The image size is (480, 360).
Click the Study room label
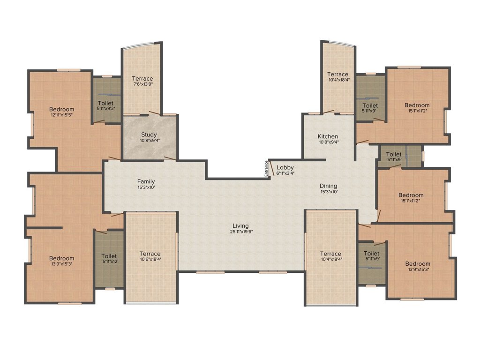[149, 135]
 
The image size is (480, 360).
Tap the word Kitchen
[328, 136]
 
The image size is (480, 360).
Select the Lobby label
[285, 167]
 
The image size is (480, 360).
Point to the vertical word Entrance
[266, 168]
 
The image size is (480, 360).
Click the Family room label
[146, 181]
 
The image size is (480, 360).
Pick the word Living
[240, 226]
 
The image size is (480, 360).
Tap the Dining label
[328, 186]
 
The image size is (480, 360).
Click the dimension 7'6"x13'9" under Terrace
[142, 84]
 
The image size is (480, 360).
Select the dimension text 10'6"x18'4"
[150, 259]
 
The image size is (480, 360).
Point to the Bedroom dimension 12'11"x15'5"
[61, 115]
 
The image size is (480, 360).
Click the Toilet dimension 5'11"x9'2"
[105, 108]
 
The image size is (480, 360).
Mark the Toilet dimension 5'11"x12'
[109, 262]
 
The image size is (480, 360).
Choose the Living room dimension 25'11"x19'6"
[241, 232]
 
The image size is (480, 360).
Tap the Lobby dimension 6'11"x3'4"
[285, 173]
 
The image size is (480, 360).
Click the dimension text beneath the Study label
[150, 140]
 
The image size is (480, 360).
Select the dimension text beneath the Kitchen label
[329, 142]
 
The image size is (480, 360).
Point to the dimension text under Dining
[329, 192]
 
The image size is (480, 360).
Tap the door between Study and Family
[170, 158]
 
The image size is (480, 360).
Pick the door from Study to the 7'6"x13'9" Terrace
[154, 113]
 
